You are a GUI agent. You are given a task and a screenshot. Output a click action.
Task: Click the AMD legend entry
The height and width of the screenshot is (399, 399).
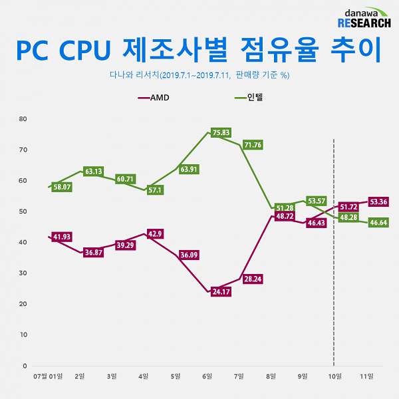154,97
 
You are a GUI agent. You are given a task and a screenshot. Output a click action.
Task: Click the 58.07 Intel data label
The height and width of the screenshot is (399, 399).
62,188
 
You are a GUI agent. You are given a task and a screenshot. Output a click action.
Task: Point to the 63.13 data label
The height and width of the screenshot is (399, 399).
94,172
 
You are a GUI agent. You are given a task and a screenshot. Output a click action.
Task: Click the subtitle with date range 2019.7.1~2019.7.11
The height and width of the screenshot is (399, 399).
199,75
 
